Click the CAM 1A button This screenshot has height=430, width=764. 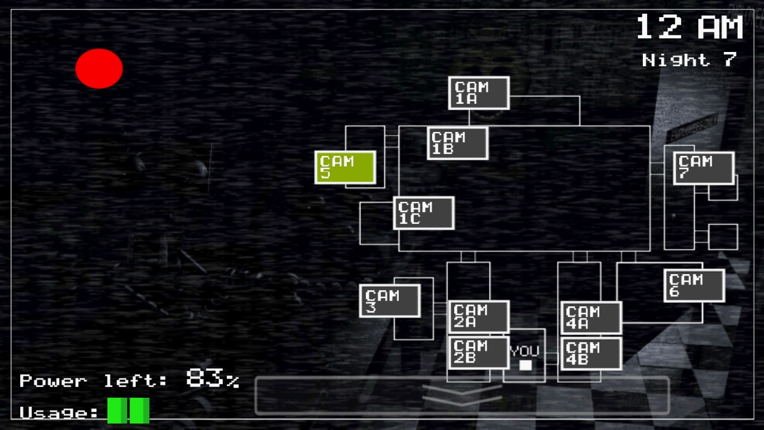point(479,93)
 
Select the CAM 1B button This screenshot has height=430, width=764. point(458,143)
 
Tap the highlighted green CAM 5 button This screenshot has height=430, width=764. point(345,167)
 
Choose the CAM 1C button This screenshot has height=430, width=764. point(424,213)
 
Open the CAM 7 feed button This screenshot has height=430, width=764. point(704,168)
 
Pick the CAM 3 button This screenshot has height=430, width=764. point(390,300)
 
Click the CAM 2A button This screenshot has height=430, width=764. point(478,317)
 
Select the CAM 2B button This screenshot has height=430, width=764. point(478,352)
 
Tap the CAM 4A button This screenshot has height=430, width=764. point(591,318)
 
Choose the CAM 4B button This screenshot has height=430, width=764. point(591,353)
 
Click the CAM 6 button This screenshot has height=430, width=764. point(694,285)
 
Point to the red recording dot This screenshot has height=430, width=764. point(99,69)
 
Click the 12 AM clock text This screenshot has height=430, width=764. point(689,27)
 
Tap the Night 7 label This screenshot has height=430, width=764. point(689,60)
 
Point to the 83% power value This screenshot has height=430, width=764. point(212,379)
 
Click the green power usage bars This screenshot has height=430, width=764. point(128,411)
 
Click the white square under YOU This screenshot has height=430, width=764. point(525,365)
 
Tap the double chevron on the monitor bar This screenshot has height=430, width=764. point(462,394)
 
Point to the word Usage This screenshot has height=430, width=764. point(58,413)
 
